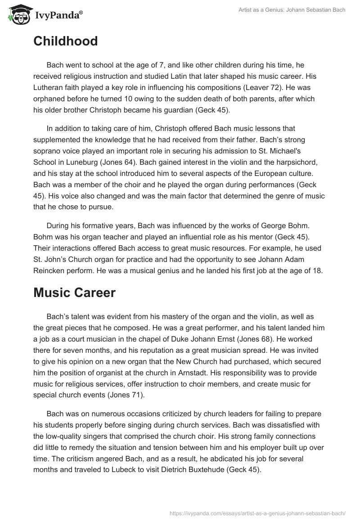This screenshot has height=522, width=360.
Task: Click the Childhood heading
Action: [65, 41]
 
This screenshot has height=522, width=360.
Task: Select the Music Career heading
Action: [74, 279]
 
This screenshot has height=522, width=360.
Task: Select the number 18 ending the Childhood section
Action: [318, 260]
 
